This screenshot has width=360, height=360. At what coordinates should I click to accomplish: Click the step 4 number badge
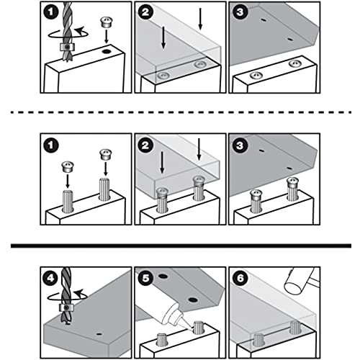pyautogui.click(x=50, y=279)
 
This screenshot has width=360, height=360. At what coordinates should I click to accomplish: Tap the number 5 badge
pyautogui.click(x=145, y=279)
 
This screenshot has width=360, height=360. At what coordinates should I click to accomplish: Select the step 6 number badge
pyautogui.click(x=240, y=279)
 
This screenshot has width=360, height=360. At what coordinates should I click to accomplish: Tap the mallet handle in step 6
pyautogui.click(x=315, y=282)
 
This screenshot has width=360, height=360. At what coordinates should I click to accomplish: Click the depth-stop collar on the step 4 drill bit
pyautogui.click(x=66, y=307)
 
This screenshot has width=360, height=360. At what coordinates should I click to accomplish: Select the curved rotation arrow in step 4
pyautogui.click(x=67, y=297)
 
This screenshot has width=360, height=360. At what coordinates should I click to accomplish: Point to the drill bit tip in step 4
pyautogui.click(x=68, y=324)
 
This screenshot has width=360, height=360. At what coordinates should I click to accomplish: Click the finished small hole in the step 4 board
pyautogui.click(x=99, y=334)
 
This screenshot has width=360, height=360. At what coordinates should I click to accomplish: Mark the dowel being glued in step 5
pyautogui.click(x=199, y=328)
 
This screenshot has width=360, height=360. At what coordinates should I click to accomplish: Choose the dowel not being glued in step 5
pyautogui.click(x=161, y=340)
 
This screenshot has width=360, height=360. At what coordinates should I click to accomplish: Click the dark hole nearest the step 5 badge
pyautogui.click(x=163, y=276)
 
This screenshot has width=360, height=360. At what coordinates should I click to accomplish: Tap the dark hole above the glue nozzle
pyautogui.click(x=193, y=300)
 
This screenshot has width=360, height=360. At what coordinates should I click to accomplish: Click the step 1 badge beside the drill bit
pyautogui.click(x=50, y=12)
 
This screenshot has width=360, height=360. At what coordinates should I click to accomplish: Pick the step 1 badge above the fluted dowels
pyautogui.click(x=50, y=145)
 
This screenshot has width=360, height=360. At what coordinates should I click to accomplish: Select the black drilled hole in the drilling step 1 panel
pyautogui.click(x=106, y=52)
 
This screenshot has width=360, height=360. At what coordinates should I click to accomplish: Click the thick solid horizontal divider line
pyautogui.click(x=181, y=246)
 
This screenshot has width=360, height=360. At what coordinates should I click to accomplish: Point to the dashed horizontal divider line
pyautogui.click(x=181, y=112)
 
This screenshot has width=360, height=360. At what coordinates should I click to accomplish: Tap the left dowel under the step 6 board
pyautogui.click(x=258, y=340)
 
